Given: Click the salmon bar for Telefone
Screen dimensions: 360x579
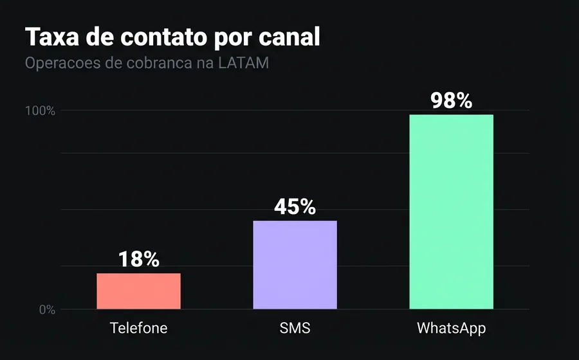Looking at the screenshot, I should coord(138,291).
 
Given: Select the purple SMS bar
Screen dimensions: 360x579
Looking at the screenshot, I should coord(295,265).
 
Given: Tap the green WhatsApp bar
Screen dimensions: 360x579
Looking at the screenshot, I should coord(451,212).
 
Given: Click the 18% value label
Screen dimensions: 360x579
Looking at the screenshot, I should coord(138,259).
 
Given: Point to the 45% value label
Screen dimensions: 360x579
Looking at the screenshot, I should coord(295,206).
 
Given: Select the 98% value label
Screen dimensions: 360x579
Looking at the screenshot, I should coord(451,101).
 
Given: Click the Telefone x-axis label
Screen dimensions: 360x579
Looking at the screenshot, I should coord(138,328).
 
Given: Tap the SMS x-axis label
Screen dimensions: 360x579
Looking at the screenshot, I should coord(295,328).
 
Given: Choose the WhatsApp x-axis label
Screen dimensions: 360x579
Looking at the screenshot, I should coord(451,328).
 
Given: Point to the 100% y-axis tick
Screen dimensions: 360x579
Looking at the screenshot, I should coord(40,111).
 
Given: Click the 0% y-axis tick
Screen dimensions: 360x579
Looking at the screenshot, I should coord(46,309).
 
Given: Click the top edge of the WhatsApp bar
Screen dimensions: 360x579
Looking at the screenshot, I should coord(451,115).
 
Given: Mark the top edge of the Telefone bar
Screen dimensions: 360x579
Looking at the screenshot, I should coord(138,274).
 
